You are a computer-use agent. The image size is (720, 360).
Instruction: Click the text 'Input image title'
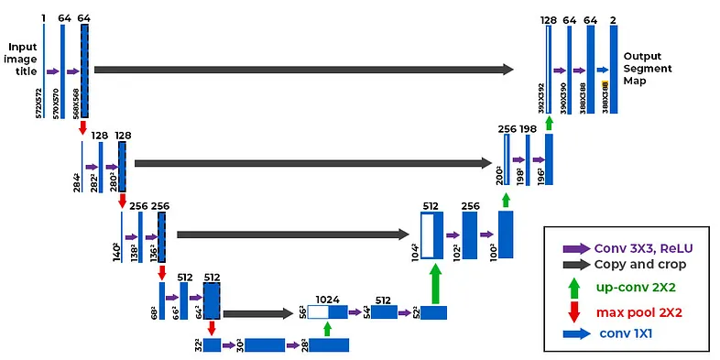click(x=22, y=59)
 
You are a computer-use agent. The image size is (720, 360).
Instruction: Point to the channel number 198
click(x=529, y=129)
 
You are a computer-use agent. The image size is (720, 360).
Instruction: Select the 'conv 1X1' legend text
click(x=630, y=333)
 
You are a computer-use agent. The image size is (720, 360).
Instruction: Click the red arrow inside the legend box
click(x=574, y=311)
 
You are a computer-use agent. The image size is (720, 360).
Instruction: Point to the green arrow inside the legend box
click(x=574, y=286)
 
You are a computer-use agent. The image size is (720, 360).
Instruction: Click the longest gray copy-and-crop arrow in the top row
click(x=303, y=69)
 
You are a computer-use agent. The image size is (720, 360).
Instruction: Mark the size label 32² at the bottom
click(x=199, y=344)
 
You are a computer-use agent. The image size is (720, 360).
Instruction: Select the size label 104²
click(x=414, y=252)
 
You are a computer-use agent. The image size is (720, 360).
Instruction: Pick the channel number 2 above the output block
click(x=613, y=19)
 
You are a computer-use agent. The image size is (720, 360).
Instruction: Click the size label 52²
click(x=415, y=313)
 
